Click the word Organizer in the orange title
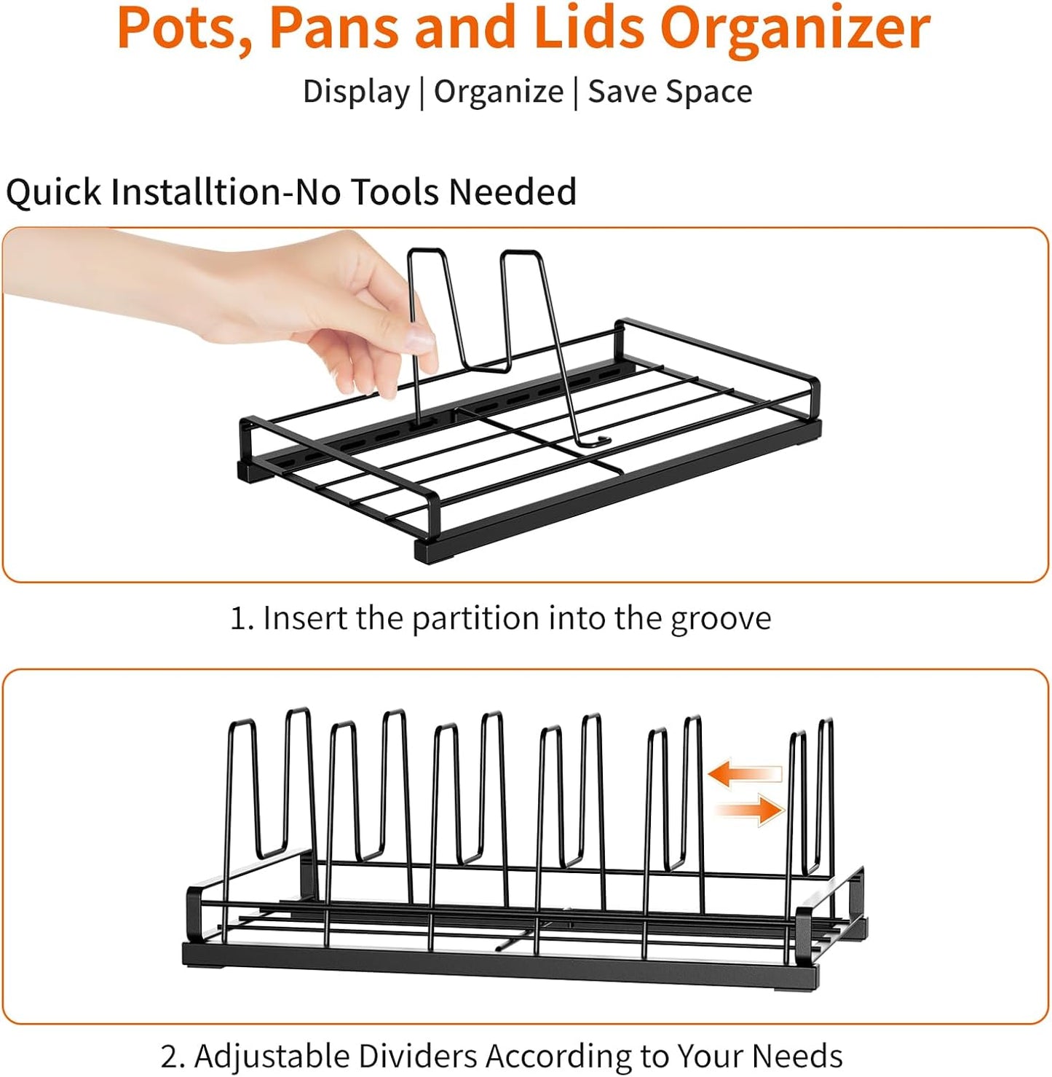click(x=795, y=28)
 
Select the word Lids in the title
click(x=589, y=28)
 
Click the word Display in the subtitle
click(x=356, y=92)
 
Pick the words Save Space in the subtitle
click(x=670, y=92)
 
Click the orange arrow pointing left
click(x=744, y=773)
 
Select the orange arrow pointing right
click(x=751, y=810)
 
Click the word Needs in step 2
click(x=796, y=1056)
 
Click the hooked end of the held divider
click(x=599, y=441)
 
